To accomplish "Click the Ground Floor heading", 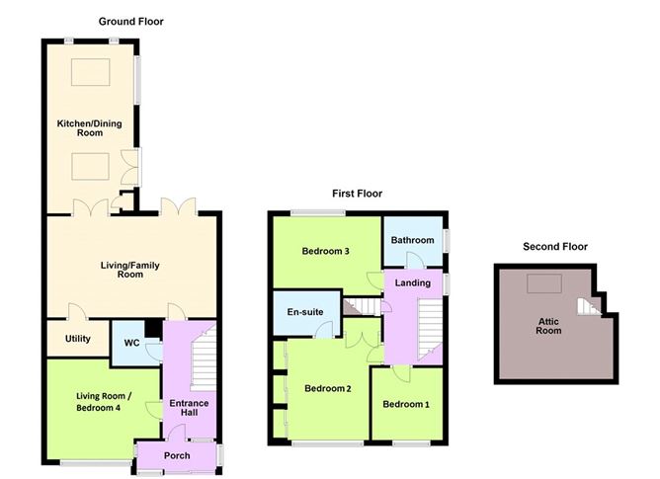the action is pos(130,22).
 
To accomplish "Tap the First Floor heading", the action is pos(357,194).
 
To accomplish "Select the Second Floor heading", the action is pos(555,247).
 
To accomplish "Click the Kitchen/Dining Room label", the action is pos(90,128).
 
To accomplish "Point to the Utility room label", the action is pos(78,339).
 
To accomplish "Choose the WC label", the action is pos(131,343).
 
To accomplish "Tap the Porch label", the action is pos(177,455).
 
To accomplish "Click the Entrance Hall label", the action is pos(189,408).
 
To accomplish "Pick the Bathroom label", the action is pos(413,240).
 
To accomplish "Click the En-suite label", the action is pos(305,312).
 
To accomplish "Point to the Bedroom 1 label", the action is pos(406,404).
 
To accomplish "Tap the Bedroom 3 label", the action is pos(325,251).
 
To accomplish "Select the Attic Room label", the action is pos(548,326).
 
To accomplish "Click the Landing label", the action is pos(413,282).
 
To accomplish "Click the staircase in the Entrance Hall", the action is pos(204,360).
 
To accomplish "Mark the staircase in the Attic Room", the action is pos(589,307).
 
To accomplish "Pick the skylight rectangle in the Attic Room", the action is pos(544,283).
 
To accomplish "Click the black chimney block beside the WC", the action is pos(153,328).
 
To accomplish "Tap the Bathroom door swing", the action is pos(415,260).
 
